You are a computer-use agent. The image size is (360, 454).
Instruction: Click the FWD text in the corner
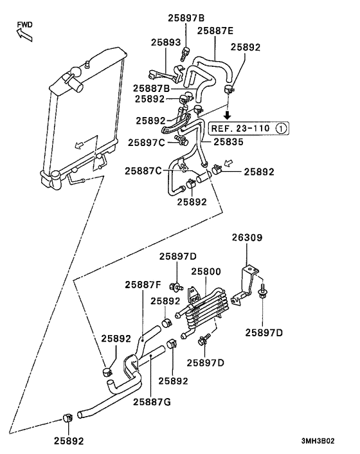[x=24, y=24]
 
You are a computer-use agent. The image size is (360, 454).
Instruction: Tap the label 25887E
[x=216, y=30]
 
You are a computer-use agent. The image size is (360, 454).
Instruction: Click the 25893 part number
[x=166, y=42]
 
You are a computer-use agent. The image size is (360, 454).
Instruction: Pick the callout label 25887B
[x=152, y=88]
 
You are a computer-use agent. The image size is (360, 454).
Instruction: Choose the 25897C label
[x=146, y=142]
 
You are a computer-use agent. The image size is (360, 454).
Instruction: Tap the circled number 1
[x=280, y=129]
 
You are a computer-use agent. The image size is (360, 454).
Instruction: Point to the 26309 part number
[x=248, y=238]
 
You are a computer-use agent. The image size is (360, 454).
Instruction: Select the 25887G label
[x=152, y=403]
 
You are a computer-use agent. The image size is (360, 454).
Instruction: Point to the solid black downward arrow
[x=227, y=116]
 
